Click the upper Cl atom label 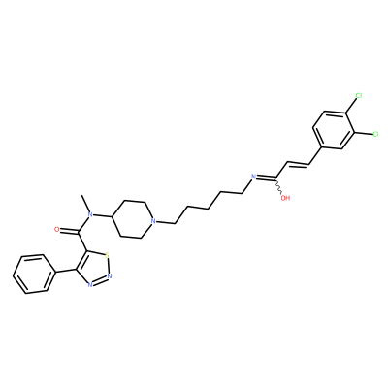click(359, 96)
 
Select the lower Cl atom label click(375, 134)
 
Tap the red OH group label click(285, 198)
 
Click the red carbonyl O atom click(57, 230)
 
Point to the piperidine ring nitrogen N click(153, 222)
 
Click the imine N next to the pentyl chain click(254, 177)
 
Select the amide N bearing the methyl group click(90, 214)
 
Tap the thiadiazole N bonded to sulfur click(110, 276)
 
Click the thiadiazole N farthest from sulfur click(90, 284)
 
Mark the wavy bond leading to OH click(278, 186)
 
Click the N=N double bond click(100, 280)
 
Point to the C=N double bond click(266, 178)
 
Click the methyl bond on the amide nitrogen click(86, 203)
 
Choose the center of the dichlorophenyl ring click(334, 131)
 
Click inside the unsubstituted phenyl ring click(34, 274)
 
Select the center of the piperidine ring click(132, 219)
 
